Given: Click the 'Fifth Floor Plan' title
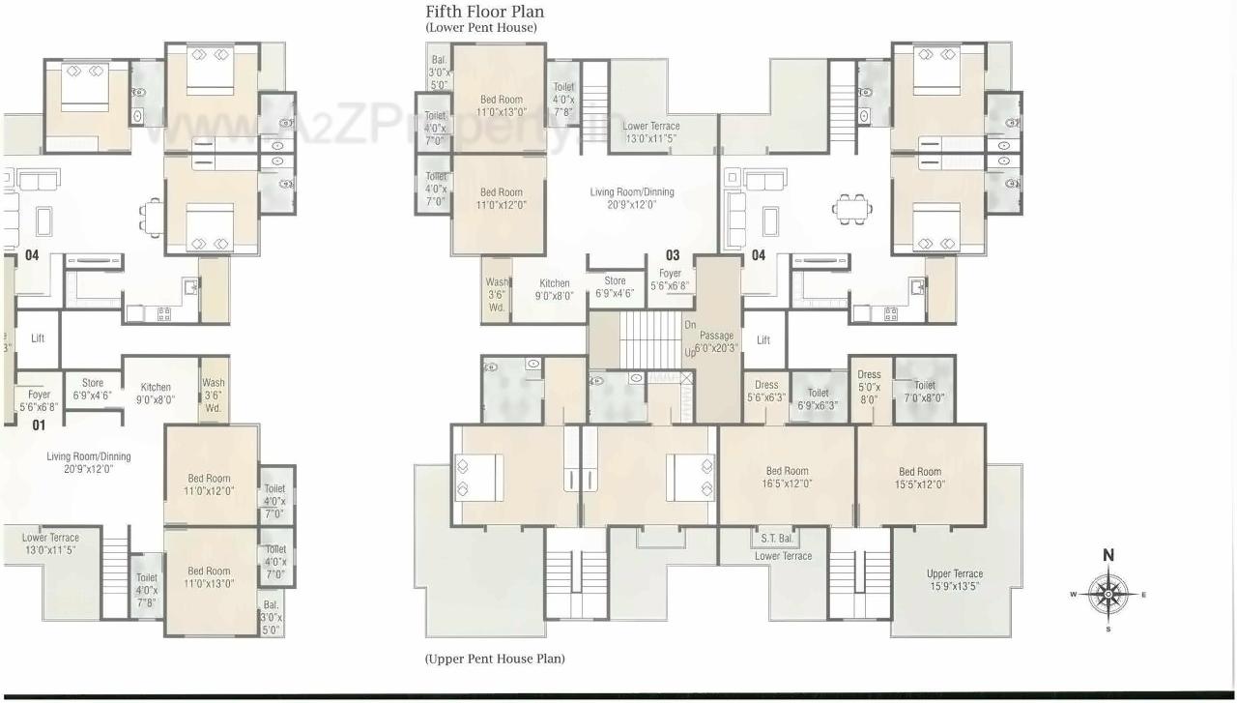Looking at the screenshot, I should point(484,12).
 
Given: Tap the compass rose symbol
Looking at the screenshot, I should point(1108,594).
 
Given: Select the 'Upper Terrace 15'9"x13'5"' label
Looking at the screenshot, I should point(954,579).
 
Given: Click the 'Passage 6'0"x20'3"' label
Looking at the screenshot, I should point(716,341).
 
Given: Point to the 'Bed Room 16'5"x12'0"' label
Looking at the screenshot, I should point(787,478).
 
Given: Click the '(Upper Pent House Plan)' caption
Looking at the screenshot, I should point(495,659).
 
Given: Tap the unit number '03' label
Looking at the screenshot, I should point(673,255).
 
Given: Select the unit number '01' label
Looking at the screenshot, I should point(40,425).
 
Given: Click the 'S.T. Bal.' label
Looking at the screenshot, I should point(776,538).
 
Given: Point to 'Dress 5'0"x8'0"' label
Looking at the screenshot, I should point(869,385).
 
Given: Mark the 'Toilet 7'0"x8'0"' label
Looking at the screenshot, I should point(924,391).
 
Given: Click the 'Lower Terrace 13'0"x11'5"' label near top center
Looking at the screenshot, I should point(650,132).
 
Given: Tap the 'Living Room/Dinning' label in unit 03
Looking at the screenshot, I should point(632,198).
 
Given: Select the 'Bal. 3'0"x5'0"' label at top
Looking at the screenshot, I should point(439,72).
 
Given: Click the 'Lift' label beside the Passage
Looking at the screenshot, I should point(763,339).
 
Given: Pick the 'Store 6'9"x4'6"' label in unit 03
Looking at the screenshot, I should point(615,287).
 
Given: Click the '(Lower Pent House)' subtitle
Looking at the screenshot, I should point(480,28).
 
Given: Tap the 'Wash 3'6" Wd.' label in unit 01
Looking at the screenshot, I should point(214,395).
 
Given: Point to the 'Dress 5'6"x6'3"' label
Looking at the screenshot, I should point(766,391).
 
